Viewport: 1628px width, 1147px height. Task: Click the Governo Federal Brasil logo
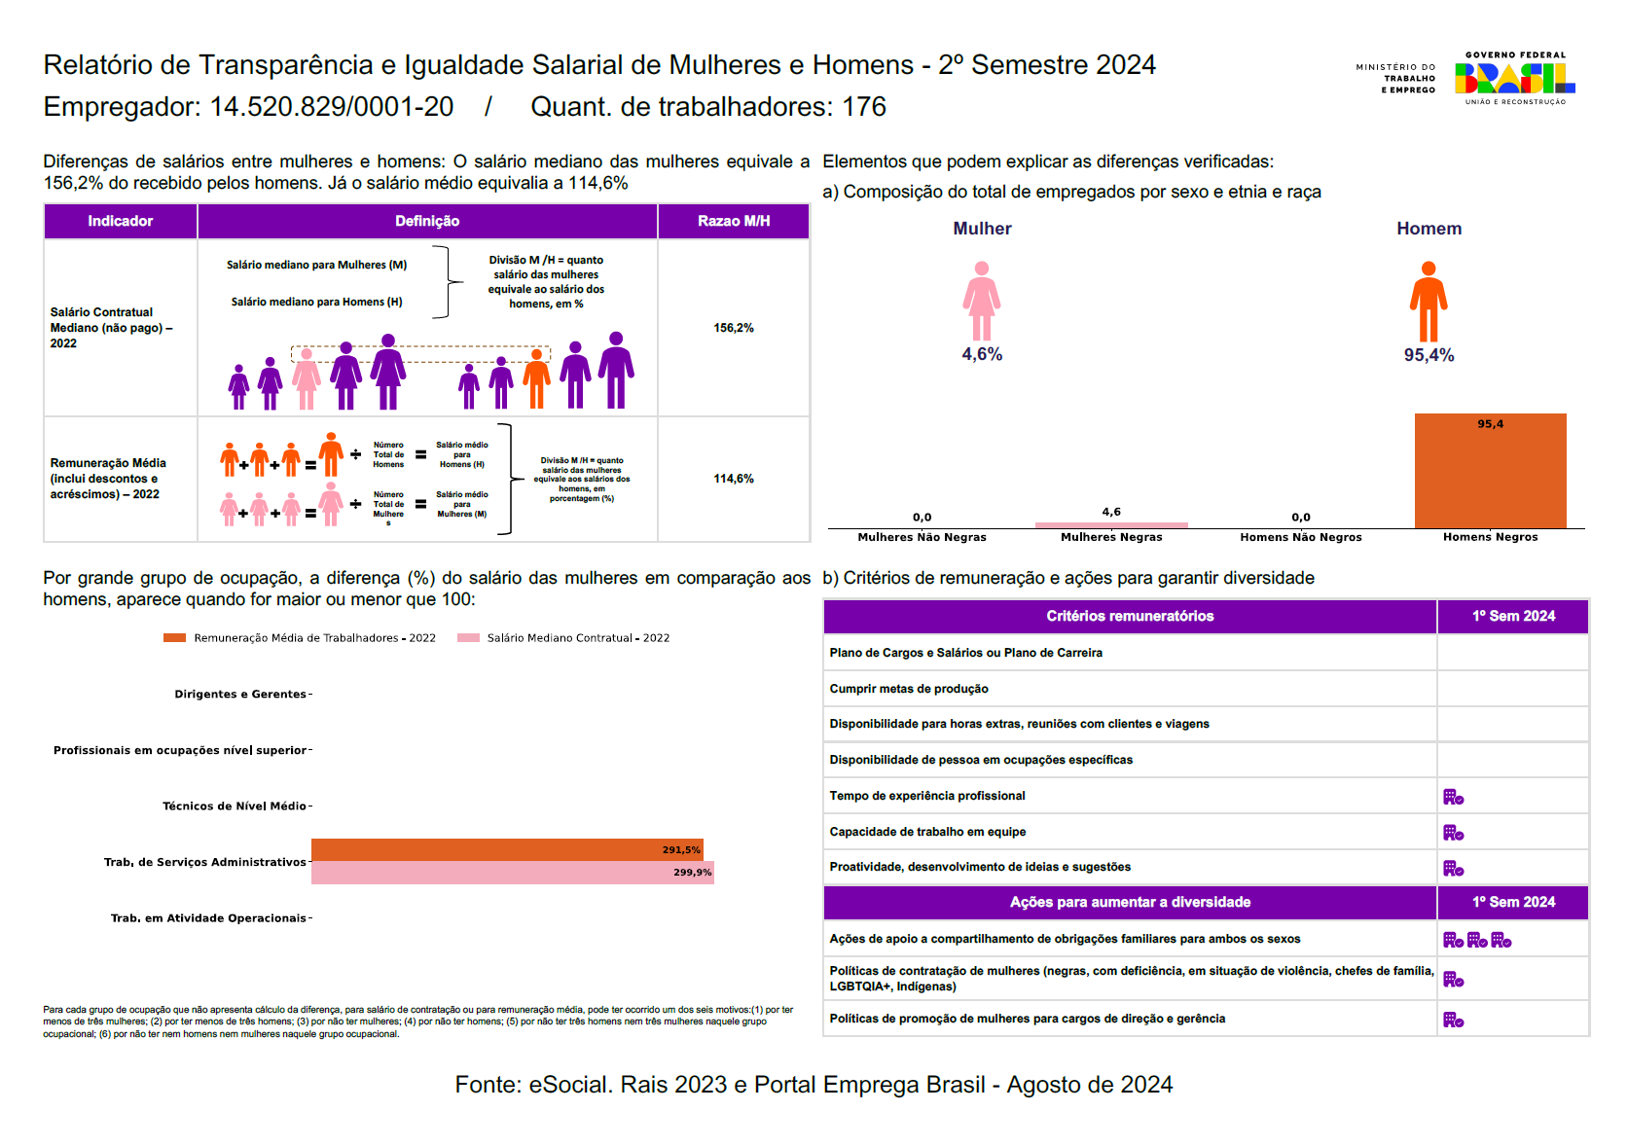click(1514, 78)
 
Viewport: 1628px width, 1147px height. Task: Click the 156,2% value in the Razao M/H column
click(734, 328)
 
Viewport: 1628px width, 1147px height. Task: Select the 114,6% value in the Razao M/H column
click(734, 479)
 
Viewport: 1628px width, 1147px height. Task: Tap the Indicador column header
click(121, 221)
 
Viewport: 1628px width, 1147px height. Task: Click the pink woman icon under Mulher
click(982, 301)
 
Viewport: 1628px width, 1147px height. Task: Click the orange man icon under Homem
click(1428, 301)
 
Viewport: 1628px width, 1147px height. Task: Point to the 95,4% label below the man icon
click(1428, 355)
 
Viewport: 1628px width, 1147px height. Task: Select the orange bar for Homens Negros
click(1490, 472)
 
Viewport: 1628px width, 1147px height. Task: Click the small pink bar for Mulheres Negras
click(1111, 525)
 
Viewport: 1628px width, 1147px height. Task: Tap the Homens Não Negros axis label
click(1300, 537)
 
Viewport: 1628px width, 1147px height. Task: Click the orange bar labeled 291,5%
click(506, 849)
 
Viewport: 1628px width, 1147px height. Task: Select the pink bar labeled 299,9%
click(512, 873)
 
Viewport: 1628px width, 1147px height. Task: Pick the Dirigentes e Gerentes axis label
click(240, 694)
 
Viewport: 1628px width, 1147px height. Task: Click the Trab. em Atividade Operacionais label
click(208, 917)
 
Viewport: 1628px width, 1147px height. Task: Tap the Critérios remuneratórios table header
click(1130, 616)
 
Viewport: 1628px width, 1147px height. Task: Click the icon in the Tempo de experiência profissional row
click(1453, 797)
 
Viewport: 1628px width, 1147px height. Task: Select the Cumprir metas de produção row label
click(909, 689)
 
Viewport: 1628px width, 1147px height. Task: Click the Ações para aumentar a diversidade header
click(1130, 902)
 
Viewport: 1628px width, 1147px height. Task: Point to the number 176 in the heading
click(864, 107)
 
